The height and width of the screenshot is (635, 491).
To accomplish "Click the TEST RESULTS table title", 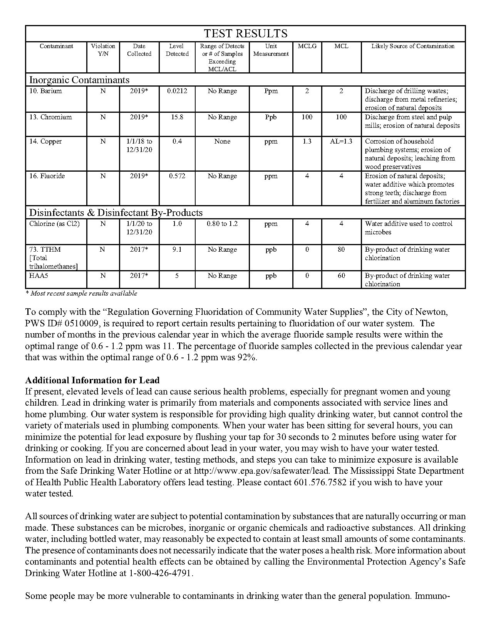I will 245,33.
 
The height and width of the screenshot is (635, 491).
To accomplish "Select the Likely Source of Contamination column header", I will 413,46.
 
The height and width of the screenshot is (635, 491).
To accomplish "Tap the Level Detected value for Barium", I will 177,91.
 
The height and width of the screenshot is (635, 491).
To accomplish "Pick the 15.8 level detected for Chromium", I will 177,117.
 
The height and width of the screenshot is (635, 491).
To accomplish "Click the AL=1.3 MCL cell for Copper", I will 341,142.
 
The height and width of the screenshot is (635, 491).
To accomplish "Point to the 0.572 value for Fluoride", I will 177,176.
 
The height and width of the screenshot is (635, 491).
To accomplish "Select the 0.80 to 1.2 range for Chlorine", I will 222,224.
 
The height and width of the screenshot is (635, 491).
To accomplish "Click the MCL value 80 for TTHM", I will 341,250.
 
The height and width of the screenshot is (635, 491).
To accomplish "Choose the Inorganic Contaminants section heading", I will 79,80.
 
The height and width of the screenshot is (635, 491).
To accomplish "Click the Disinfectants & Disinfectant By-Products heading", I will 116,213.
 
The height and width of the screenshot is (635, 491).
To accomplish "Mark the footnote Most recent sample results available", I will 81,293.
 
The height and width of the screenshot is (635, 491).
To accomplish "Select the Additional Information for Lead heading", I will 92,380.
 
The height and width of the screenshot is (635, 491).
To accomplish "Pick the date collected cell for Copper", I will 139,145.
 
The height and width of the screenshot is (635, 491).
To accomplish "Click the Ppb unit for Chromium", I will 271,117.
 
